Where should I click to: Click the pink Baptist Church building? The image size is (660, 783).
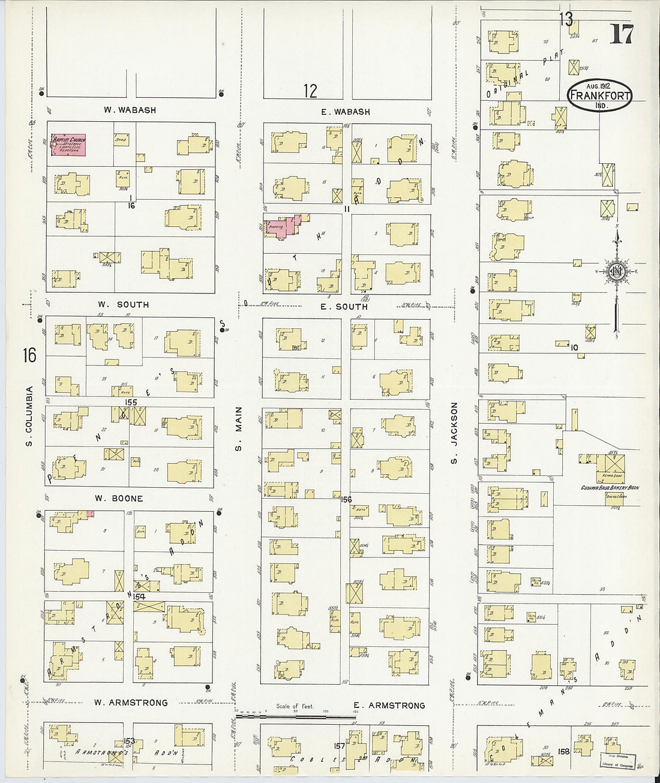[68, 145]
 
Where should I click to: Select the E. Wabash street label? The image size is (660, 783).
[345, 112]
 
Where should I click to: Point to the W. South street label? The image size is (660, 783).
[124, 305]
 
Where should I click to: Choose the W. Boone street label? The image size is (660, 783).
[119, 498]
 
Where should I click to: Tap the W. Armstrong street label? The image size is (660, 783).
[131, 702]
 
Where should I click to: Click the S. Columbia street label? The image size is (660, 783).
[28, 416]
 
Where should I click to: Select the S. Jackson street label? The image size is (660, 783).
[454, 433]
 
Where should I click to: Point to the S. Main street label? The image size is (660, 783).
[238, 428]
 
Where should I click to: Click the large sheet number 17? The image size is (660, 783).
[621, 34]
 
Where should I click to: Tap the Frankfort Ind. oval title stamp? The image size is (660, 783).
[600, 95]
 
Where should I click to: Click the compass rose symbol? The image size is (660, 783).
[616, 272]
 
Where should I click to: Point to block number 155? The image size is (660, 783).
[131, 402]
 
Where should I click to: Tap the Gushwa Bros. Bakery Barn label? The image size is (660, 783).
[608, 488]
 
